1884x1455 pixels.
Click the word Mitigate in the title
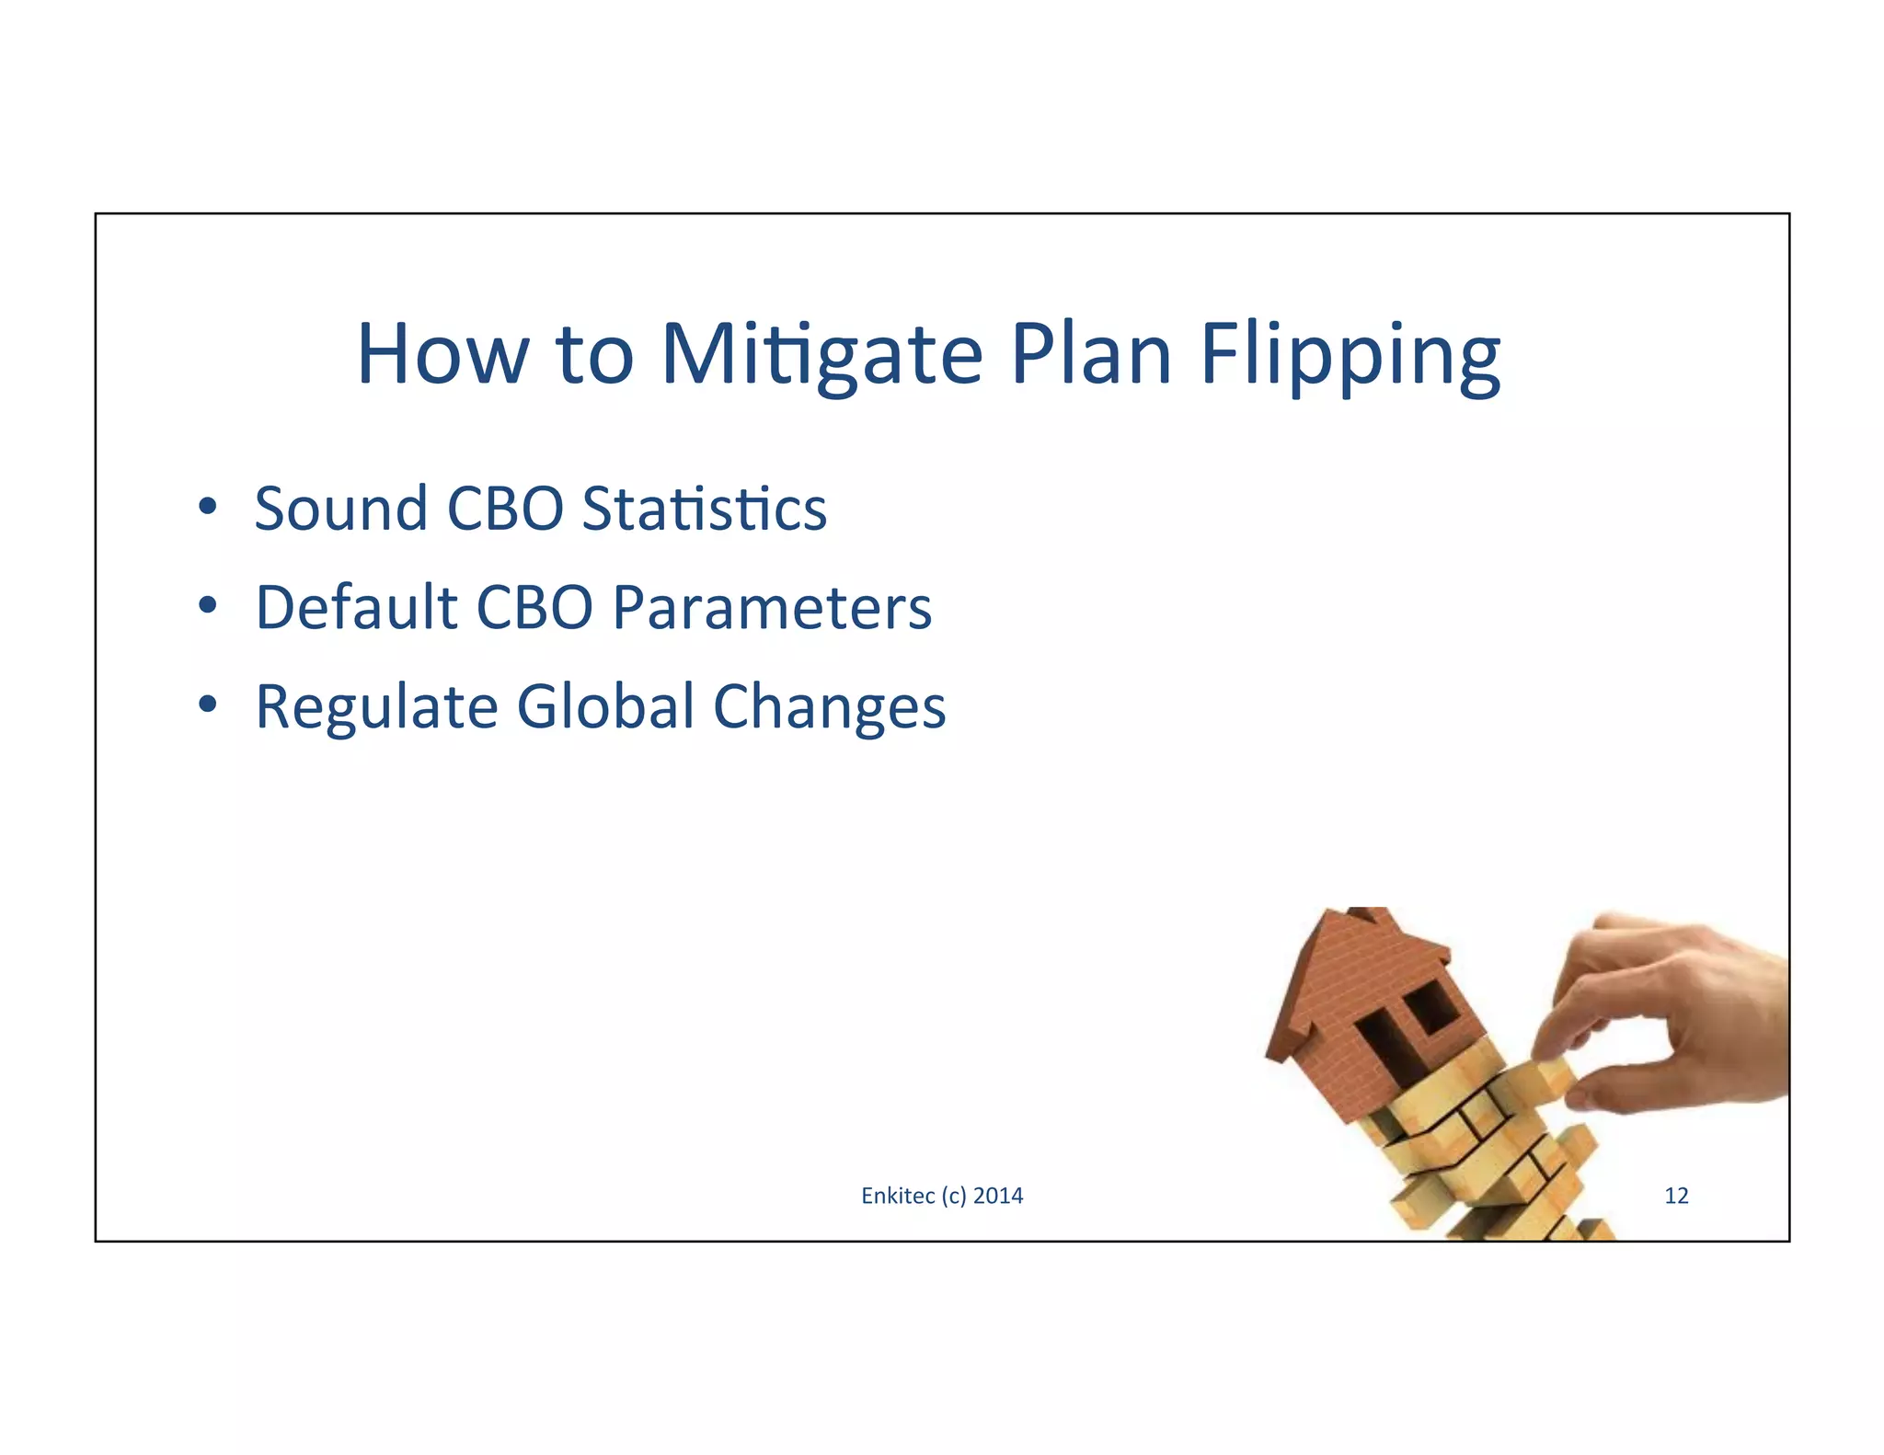point(821,355)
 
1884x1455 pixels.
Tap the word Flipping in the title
point(1350,355)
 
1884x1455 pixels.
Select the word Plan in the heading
point(1091,353)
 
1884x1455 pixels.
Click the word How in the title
point(442,353)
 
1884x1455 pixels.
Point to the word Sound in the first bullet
point(341,509)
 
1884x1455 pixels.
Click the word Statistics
point(704,509)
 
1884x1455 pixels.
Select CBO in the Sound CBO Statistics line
point(504,509)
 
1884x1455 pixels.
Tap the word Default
point(355,608)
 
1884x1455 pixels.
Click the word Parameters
point(771,608)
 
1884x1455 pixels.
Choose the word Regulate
point(376,707)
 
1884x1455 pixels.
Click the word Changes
point(829,707)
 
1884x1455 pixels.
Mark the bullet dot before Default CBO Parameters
point(208,605)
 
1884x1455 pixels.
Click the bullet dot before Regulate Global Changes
point(208,705)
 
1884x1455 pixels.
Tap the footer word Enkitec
point(897,1196)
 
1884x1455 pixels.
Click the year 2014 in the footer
point(998,1196)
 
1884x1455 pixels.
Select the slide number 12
point(1676,1196)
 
